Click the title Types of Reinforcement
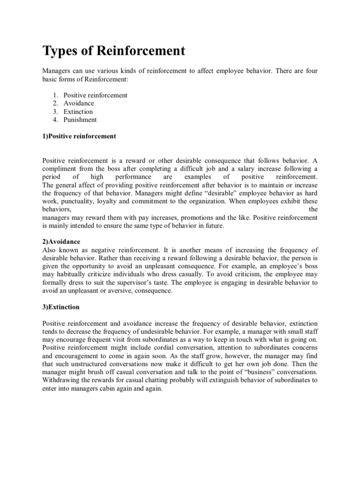tap(114, 51)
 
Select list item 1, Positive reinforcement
tap(95, 95)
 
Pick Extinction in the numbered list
tap(78, 112)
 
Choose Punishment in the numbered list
tap(80, 120)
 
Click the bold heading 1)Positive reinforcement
tap(79, 136)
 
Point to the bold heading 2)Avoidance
tap(61, 242)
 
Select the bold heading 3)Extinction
tap(61, 307)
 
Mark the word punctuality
tap(79, 201)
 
